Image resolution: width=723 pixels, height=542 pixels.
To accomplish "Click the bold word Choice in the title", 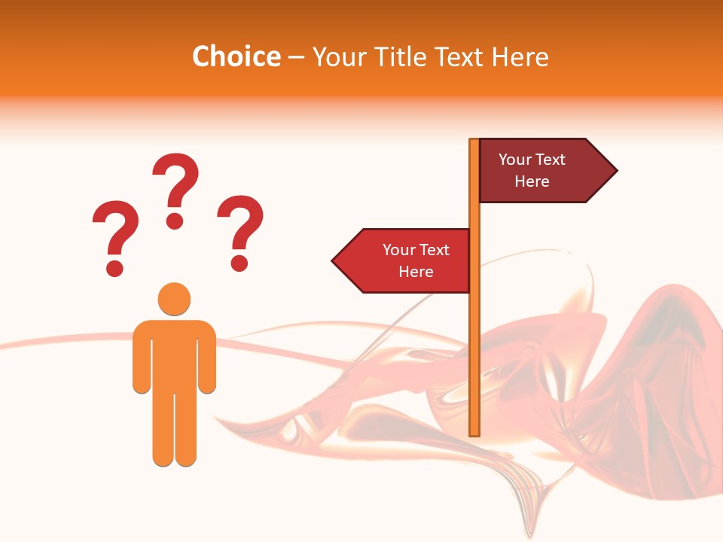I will pyautogui.click(x=236, y=57).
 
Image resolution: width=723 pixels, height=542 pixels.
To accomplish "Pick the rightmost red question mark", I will pyautogui.click(x=240, y=230).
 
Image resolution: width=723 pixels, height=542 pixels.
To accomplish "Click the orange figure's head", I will pyautogui.click(x=174, y=299).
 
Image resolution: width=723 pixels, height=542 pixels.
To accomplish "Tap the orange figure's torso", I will pyautogui.click(x=174, y=354).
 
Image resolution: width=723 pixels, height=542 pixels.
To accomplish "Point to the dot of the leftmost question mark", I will pyautogui.click(x=114, y=267).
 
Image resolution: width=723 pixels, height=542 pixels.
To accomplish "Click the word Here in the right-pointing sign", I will pyautogui.click(x=532, y=181).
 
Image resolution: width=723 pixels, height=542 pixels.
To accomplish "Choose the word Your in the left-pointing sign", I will pyautogui.click(x=399, y=250).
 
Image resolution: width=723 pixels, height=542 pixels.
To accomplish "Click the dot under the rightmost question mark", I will pyautogui.click(x=239, y=263).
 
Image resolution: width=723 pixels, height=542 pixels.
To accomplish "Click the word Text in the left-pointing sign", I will pyautogui.click(x=435, y=250).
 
